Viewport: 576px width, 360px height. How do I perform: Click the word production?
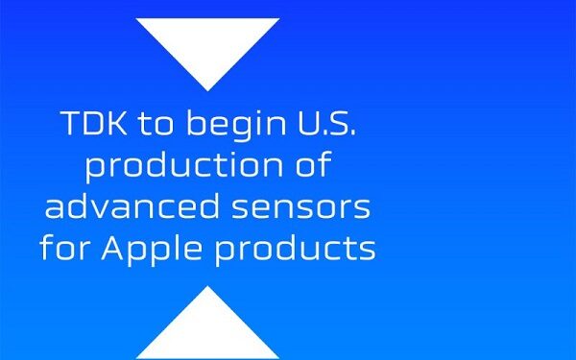pos(171,168)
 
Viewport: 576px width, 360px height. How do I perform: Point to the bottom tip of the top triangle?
pos(207,89)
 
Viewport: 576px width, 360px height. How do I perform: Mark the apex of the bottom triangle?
pos(207,286)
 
